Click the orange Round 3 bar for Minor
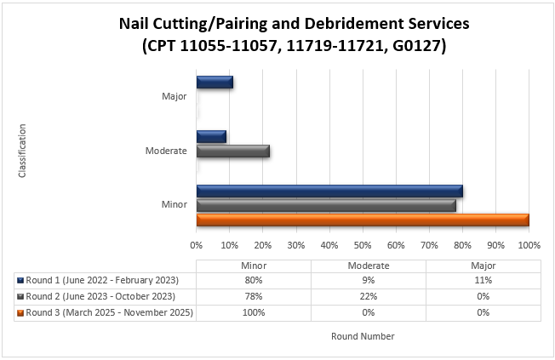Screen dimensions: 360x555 [363, 220]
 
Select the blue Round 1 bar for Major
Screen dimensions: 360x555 [215, 83]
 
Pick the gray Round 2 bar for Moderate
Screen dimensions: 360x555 [233, 151]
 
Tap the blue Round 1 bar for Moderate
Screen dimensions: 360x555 [211, 137]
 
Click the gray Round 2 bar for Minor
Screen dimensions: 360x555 [326, 206]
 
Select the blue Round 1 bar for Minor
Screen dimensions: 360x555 [329, 191]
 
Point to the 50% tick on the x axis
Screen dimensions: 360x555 [363, 245]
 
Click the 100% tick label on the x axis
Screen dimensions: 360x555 [529, 245]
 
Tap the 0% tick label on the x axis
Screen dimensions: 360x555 [197, 245]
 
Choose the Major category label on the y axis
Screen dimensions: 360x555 [175, 96]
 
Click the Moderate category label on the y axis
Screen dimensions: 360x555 [166, 151]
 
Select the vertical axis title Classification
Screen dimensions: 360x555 [22, 151]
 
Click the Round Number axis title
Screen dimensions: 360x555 [363, 336]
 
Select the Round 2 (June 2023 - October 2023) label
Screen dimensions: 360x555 [100, 296]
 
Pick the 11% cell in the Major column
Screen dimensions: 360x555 [483, 280]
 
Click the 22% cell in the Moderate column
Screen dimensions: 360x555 [368, 296]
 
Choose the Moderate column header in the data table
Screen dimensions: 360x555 [368, 265]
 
